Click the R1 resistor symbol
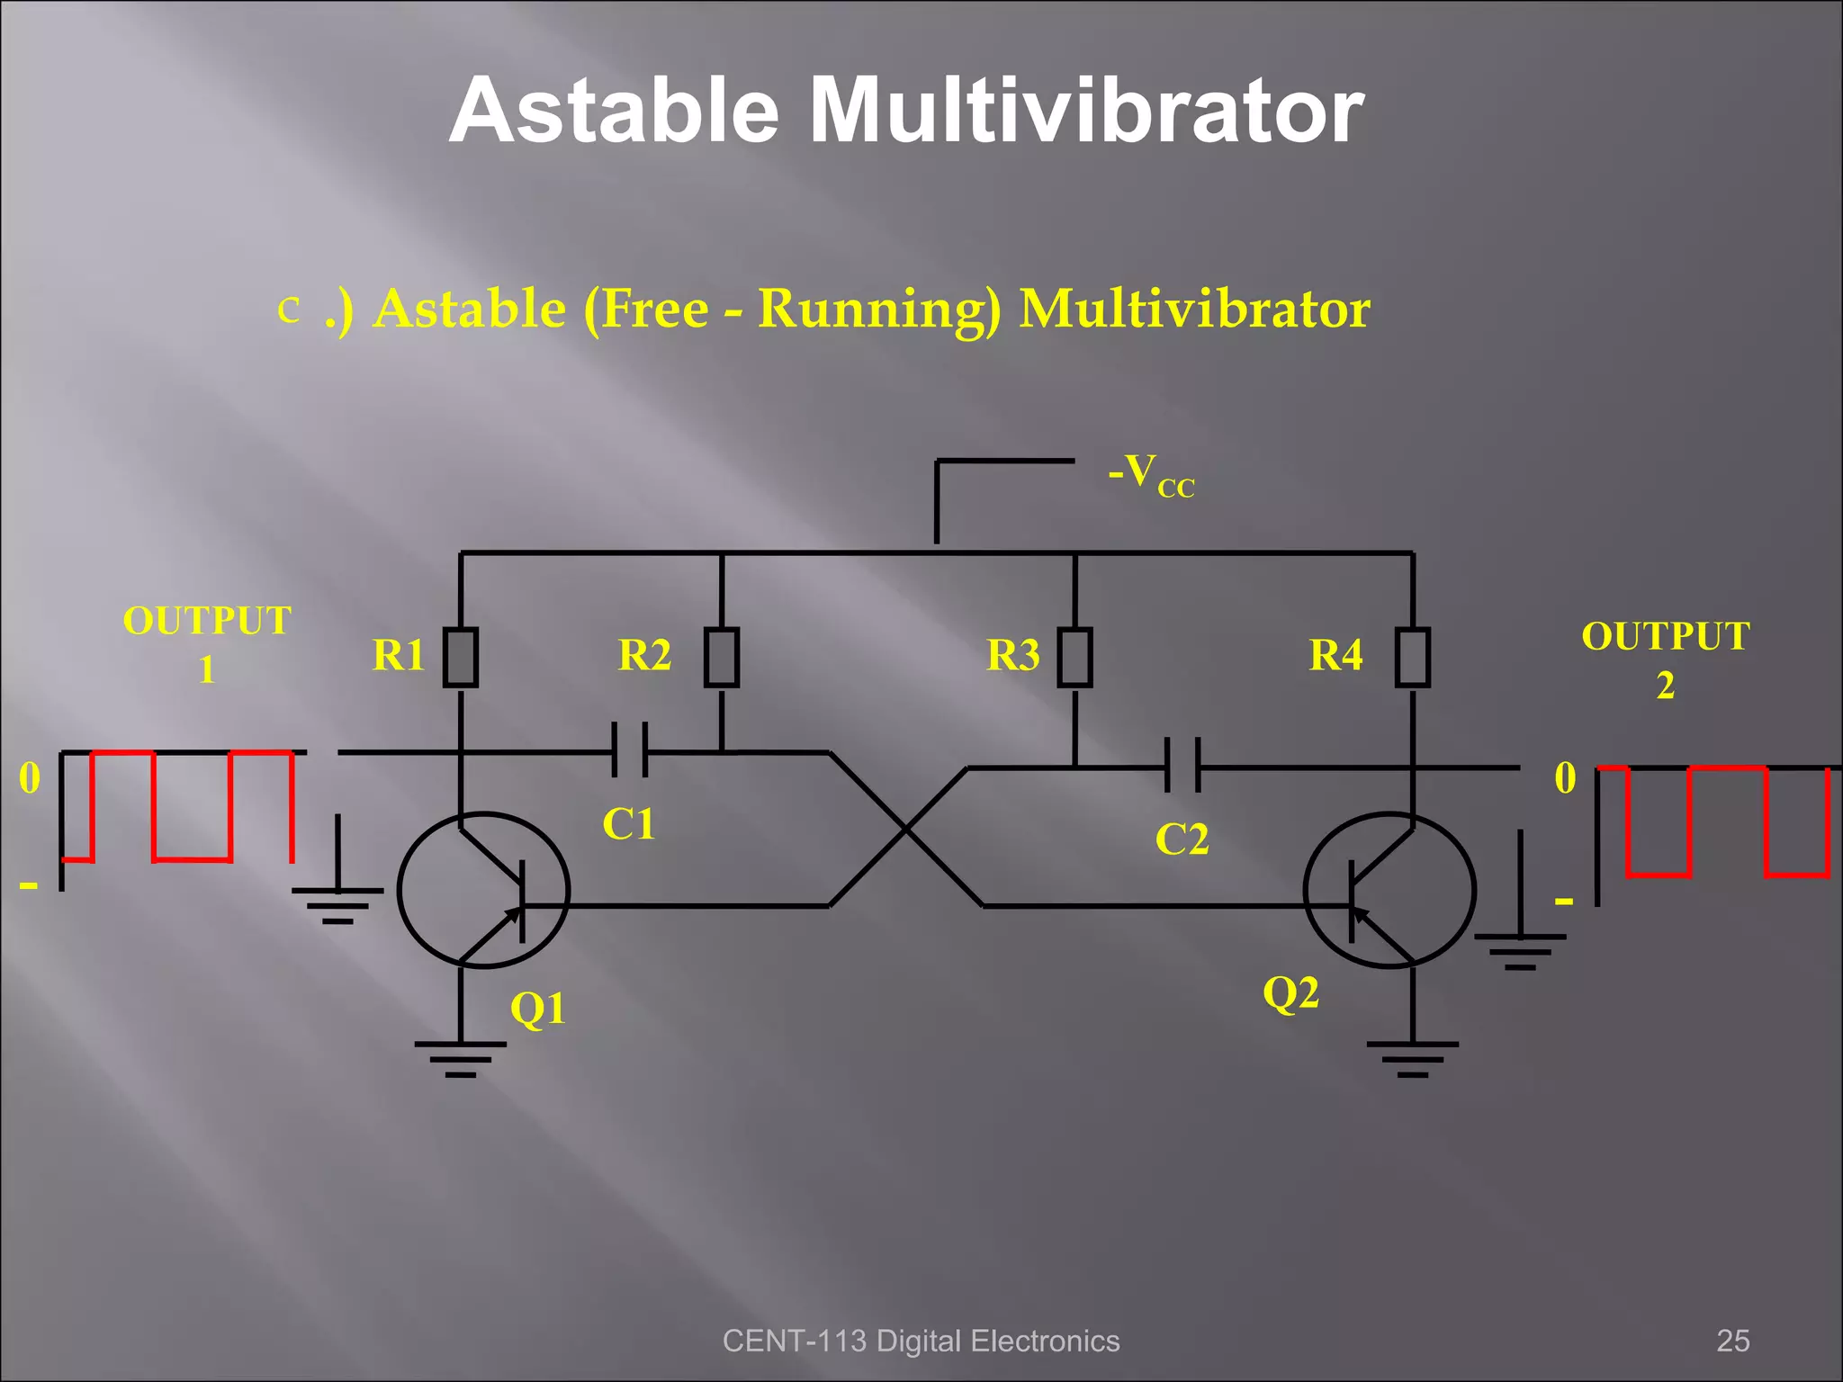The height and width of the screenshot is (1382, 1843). [461, 658]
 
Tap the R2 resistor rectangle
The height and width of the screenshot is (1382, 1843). [722, 658]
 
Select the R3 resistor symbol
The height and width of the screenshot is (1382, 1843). [1075, 658]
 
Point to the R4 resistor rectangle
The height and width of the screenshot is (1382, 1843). [1413, 658]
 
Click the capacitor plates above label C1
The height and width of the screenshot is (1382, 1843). [630, 750]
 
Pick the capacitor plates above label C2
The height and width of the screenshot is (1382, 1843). [1182, 766]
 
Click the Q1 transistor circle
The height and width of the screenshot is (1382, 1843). [483, 890]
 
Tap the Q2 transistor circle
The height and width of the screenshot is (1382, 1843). [1389, 890]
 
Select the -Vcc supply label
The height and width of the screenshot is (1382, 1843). [1151, 474]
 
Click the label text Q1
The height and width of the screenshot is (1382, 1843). [538, 1008]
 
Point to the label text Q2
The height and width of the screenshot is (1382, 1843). [1290, 993]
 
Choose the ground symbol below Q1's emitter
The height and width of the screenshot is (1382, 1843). [461, 1057]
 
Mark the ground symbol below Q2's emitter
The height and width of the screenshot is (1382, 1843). [1413, 1057]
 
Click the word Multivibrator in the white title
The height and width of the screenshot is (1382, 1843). [1086, 111]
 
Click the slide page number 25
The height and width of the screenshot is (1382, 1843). [1732, 1341]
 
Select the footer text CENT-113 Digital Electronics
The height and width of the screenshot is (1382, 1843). [921, 1341]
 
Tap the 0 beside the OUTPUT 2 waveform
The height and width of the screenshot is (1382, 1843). [1565, 778]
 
